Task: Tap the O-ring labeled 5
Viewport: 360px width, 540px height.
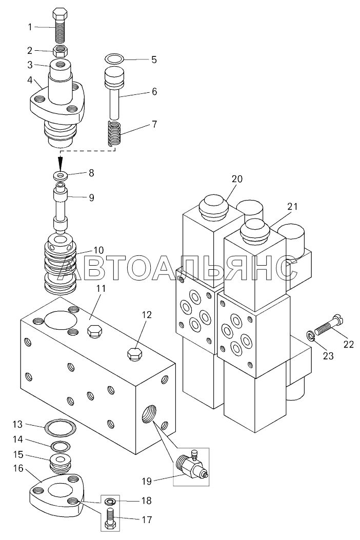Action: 114,59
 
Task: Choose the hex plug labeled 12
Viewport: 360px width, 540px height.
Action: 134,354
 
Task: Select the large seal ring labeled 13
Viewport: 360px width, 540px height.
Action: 61,427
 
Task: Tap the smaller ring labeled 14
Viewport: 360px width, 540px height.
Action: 61,446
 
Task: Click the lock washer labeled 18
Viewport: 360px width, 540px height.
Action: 110,501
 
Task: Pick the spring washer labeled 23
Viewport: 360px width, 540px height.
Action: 310,336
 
